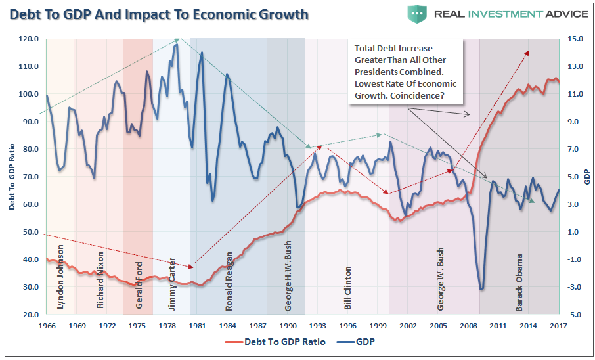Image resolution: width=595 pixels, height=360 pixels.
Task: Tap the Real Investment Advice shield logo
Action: [x=416, y=13]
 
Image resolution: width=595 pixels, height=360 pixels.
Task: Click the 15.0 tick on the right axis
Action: [x=576, y=39]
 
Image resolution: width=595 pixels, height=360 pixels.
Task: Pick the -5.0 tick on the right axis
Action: [x=576, y=315]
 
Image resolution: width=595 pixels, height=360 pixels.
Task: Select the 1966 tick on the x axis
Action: [x=47, y=326]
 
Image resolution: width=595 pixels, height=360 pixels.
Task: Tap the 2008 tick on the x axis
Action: [x=468, y=326]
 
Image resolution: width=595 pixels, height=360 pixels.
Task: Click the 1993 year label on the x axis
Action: [x=317, y=326]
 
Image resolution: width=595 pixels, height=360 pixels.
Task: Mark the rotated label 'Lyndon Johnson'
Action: [x=60, y=277]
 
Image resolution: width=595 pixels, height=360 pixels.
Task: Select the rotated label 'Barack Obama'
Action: [x=519, y=282]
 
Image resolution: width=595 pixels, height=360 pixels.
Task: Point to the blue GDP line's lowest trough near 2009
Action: [x=482, y=289]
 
